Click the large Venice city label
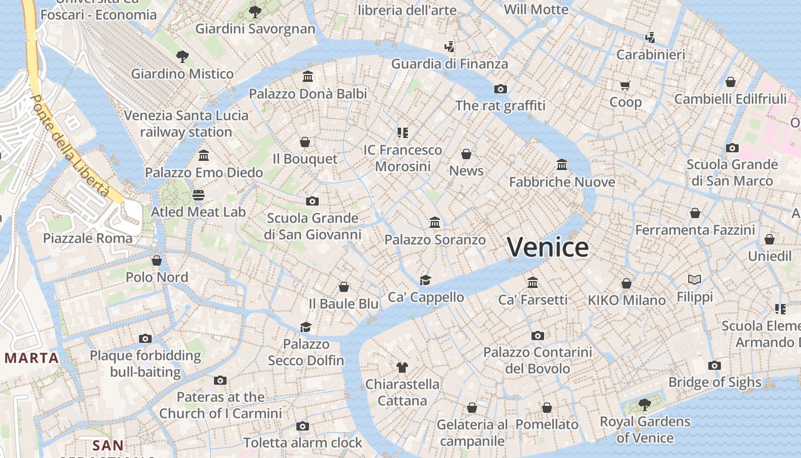[548, 247]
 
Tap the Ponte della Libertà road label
[69, 146]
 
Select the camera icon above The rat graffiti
[501, 89]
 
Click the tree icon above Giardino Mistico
[183, 56]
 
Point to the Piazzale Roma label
[88, 238]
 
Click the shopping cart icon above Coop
[625, 85]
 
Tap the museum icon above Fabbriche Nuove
[562, 165]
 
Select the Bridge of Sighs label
[715, 382]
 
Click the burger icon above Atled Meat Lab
[199, 195]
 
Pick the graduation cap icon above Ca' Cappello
[425, 280]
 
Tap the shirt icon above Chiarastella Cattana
[402, 367]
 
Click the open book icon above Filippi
[695, 280]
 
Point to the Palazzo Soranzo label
[435, 240]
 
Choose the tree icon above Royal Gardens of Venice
[645, 405]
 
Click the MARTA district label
[31, 358]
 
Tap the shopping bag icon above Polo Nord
[157, 260]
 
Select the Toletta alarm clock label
[303, 443]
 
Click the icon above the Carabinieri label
[650, 38]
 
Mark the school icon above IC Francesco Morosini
[403, 133]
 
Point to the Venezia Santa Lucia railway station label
[186, 124]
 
